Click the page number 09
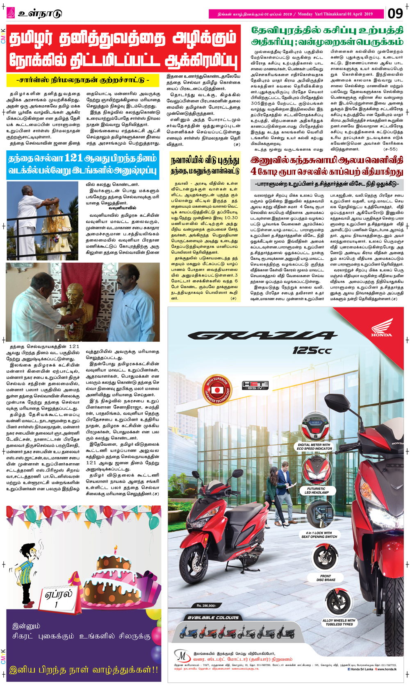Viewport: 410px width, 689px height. coord(395,14)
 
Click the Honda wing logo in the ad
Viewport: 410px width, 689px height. coord(381,328)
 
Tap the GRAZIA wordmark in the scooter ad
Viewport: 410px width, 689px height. coord(262,336)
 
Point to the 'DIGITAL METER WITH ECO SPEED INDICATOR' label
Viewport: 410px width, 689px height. coord(314,446)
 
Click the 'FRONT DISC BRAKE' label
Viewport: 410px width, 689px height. coord(326,578)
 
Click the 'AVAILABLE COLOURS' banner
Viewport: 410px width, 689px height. coord(213,617)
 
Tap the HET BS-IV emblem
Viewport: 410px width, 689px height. coord(255,385)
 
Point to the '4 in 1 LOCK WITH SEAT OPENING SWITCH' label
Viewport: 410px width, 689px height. coord(319,535)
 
